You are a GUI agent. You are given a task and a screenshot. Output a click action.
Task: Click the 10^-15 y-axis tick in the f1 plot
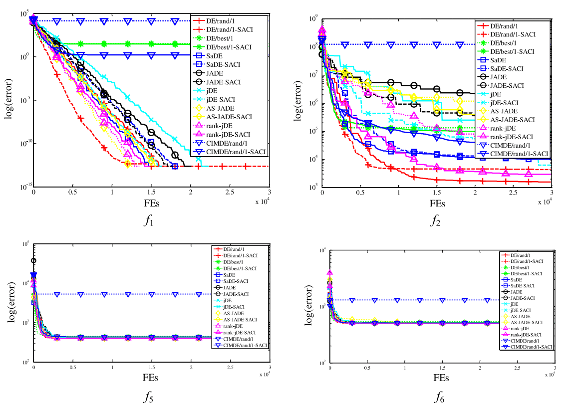(x=23, y=187)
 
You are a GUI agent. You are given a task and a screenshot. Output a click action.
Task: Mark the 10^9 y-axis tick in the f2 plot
(x=313, y=19)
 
